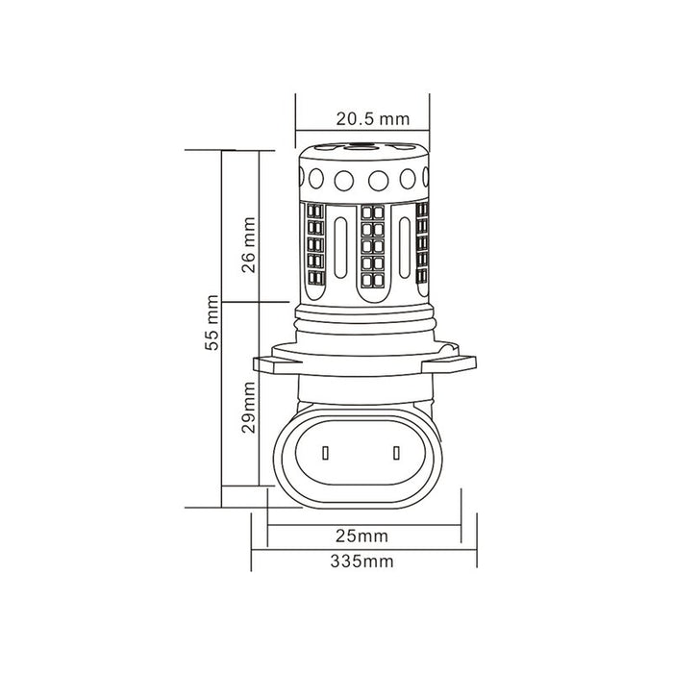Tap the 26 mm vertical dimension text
[248, 246]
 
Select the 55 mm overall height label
[212, 328]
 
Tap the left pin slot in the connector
[326, 452]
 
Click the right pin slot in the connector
[396, 452]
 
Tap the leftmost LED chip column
[314, 245]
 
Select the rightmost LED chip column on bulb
[420, 245]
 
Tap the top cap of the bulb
[361, 154]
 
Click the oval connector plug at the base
[361, 452]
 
